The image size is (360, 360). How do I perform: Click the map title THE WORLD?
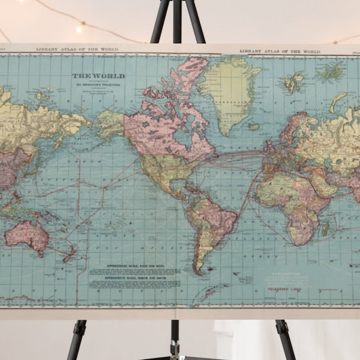(x=98, y=76)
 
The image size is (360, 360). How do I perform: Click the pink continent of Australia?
(x=27, y=235)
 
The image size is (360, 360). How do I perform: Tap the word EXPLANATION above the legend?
(x=284, y=272)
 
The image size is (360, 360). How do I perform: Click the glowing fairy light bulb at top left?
(x=79, y=27)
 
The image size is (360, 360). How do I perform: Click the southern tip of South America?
(x=199, y=271)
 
